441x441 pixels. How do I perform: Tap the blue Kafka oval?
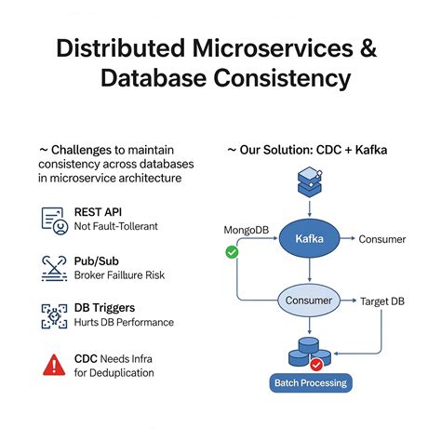tap(308, 240)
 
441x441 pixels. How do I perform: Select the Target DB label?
tap(381, 302)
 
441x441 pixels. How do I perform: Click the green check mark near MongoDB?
tap(232, 252)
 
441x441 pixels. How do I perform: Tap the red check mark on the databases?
tap(316, 364)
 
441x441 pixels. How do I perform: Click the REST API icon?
tap(55, 220)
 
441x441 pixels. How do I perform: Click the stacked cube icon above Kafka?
tap(308, 178)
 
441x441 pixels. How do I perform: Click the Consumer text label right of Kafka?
tap(381, 240)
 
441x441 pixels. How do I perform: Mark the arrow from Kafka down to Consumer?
tap(308, 273)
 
